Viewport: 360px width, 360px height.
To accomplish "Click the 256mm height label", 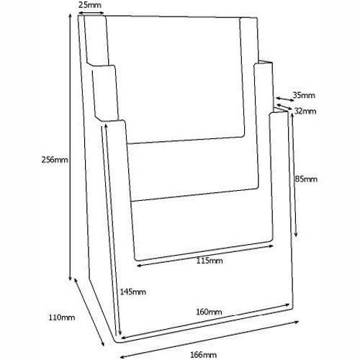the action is [x=55, y=160].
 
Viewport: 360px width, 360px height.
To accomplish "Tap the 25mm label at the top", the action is [x=90, y=5].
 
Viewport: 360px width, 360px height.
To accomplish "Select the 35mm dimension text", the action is [x=304, y=95].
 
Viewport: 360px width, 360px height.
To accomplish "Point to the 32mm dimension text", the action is [x=305, y=111].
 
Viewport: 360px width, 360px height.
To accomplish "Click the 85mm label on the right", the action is [x=306, y=179].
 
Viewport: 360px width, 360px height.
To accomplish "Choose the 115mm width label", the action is [x=210, y=261].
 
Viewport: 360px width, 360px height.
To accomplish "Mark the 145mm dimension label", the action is [x=132, y=292].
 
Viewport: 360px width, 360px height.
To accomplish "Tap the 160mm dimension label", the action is [x=209, y=312].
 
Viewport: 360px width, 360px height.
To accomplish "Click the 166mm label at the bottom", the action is [x=203, y=354].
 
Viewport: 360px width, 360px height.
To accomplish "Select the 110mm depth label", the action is [x=62, y=318].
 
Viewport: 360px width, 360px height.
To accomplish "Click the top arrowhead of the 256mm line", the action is [x=71, y=16].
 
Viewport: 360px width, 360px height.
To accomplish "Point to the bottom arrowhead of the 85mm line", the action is [x=296, y=234].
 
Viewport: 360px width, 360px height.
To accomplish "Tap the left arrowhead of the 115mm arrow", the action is [x=139, y=265].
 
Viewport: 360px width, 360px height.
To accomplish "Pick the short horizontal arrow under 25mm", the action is [x=91, y=13].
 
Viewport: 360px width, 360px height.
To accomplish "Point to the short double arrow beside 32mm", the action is [x=284, y=107].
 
